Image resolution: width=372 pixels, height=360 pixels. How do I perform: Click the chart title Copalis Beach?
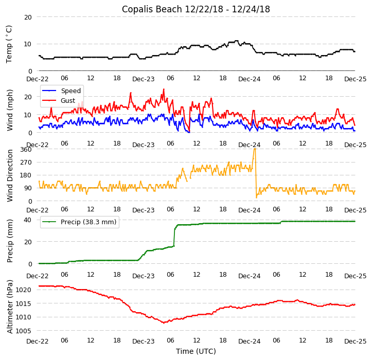pyautogui.click(x=196, y=9)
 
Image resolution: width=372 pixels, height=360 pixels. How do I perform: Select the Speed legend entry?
pyautogui.click(x=70, y=91)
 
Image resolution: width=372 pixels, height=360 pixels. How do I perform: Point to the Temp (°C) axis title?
pyautogui.click(x=9, y=44)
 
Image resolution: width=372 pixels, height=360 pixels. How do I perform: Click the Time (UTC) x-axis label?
pyautogui.click(x=196, y=351)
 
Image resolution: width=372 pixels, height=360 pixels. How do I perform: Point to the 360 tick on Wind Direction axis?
pyautogui.click(x=26, y=150)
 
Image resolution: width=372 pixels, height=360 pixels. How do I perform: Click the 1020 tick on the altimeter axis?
pyautogui.click(x=24, y=290)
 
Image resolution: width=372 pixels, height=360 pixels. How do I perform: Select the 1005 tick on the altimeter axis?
pyautogui.click(x=24, y=331)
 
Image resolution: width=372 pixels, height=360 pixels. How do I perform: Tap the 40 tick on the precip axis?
pyautogui.click(x=28, y=220)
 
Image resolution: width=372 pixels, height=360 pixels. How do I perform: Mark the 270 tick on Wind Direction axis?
pyautogui.click(x=26, y=163)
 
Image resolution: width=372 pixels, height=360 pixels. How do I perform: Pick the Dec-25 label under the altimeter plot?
pyautogui.click(x=355, y=341)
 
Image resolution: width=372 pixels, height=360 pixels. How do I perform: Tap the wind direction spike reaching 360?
pyautogui.click(x=254, y=150)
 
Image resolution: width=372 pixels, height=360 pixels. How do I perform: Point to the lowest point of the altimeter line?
pyautogui.click(x=164, y=323)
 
